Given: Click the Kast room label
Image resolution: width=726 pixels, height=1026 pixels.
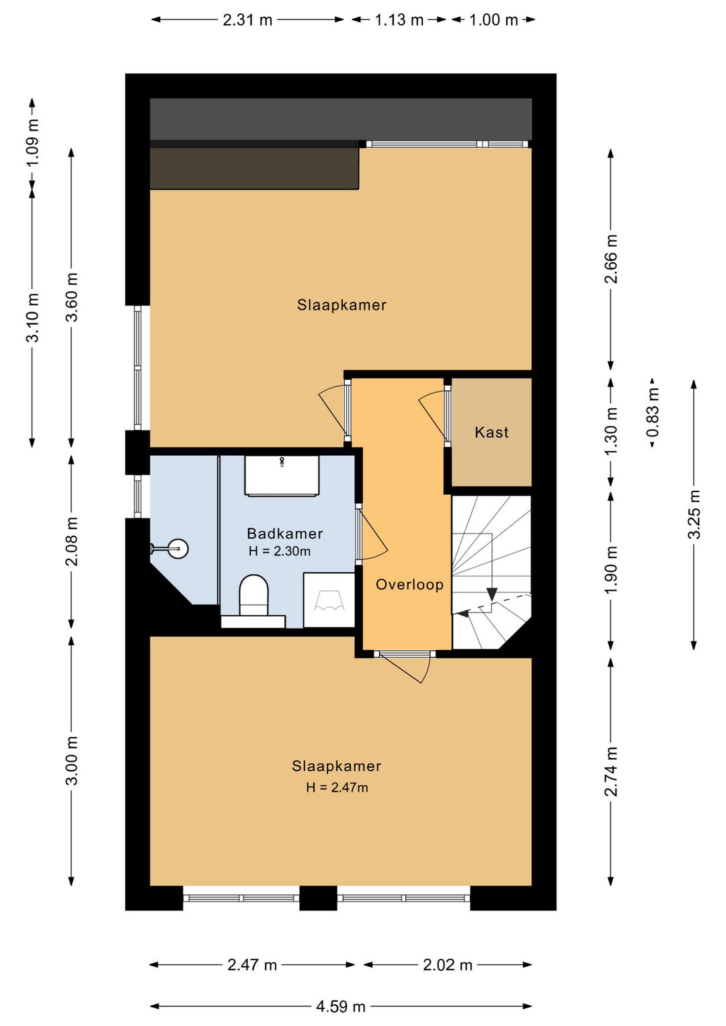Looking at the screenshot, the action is click(x=491, y=432).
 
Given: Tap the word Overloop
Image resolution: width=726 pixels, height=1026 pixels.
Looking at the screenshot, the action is click(x=409, y=584).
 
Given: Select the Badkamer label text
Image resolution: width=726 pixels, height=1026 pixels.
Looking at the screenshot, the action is click(x=285, y=533).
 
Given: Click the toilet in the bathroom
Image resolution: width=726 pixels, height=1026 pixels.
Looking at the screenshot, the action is click(x=253, y=595).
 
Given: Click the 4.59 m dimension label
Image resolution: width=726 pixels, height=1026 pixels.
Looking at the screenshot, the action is click(x=341, y=1007).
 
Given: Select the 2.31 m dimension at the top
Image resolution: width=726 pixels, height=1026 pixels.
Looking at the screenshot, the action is click(x=248, y=19).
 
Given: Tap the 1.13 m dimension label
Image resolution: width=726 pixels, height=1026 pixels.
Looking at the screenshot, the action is click(x=399, y=19).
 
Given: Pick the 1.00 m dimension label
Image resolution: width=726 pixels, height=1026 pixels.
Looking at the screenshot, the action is click(x=493, y=19).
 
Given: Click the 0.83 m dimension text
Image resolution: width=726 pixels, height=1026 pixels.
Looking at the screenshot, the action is click(x=653, y=411).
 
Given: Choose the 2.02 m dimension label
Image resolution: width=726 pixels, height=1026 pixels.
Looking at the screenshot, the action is click(x=448, y=965).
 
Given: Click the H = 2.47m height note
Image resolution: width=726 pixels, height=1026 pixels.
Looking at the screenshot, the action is click(x=337, y=787).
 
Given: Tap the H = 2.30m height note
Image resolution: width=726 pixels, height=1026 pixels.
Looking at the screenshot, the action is click(x=280, y=551).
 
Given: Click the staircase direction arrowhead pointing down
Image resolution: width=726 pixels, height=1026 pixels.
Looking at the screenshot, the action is click(x=492, y=594).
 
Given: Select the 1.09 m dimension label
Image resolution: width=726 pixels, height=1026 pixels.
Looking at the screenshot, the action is click(x=32, y=143).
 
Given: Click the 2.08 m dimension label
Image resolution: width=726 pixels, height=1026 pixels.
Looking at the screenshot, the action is click(x=72, y=541).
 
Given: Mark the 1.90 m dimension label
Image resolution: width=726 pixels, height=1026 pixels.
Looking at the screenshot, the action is click(x=611, y=569).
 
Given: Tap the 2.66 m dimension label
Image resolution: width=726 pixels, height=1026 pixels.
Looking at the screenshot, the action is click(x=611, y=260).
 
